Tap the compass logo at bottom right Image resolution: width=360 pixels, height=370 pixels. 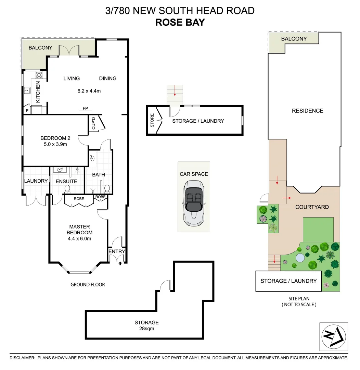[333, 337]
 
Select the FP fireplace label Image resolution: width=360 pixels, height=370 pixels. [86, 108]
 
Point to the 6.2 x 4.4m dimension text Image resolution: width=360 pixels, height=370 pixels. [89, 91]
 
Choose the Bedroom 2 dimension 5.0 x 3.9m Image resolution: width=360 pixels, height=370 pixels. [55, 144]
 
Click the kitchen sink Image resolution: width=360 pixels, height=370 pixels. [27, 90]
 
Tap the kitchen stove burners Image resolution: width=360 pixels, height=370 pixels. [39, 75]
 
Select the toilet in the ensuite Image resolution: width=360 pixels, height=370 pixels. [67, 189]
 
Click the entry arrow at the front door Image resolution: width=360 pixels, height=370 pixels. [120, 263]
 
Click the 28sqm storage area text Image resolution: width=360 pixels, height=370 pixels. [146, 328]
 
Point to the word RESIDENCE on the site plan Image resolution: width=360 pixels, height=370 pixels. [307, 111]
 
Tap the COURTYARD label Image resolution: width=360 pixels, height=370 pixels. [312, 207]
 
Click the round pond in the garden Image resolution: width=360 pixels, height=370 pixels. [300, 258]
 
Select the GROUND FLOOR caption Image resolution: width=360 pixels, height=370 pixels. [88, 284]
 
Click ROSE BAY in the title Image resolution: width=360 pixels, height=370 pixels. [180, 22]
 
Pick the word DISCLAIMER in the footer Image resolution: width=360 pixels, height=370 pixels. [22, 358]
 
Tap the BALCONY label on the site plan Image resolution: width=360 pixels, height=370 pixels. [294, 39]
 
